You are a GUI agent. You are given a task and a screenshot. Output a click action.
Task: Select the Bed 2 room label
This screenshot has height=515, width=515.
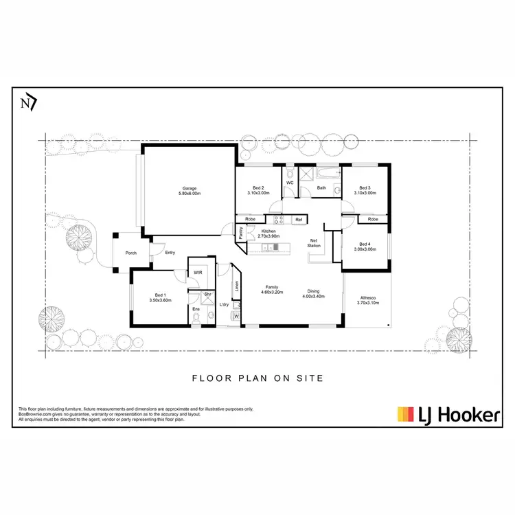(x=258, y=187)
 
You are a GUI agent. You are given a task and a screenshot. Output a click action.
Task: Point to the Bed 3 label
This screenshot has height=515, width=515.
(x=365, y=187)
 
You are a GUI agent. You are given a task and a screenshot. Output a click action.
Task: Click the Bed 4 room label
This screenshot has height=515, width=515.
(x=365, y=244)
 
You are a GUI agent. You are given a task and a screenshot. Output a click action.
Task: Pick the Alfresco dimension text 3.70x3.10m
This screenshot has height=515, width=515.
(x=367, y=302)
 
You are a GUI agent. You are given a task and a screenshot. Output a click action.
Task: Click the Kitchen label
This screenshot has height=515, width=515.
(x=268, y=231)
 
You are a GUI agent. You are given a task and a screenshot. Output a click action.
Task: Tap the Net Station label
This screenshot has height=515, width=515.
(x=314, y=242)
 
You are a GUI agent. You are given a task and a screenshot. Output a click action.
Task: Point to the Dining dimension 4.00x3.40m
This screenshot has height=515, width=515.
(x=313, y=297)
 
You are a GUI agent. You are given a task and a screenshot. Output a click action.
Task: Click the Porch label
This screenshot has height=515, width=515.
(x=130, y=253)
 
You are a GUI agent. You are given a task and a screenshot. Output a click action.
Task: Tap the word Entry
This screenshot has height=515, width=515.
(x=170, y=253)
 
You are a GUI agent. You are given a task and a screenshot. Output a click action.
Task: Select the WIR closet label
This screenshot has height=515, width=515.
(x=198, y=273)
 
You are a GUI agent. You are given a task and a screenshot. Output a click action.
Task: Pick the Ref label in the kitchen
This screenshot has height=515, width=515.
(x=298, y=220)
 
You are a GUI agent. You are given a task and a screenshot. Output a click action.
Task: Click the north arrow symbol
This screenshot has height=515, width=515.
(x=29, y=103)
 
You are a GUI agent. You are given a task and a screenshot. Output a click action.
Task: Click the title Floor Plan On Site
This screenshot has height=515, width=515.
(x=257, y=378)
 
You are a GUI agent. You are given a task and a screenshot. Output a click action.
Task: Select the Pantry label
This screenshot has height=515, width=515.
(x=242, y=233)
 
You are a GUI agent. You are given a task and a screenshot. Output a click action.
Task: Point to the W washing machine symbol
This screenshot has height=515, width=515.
(x=236, y=317)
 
